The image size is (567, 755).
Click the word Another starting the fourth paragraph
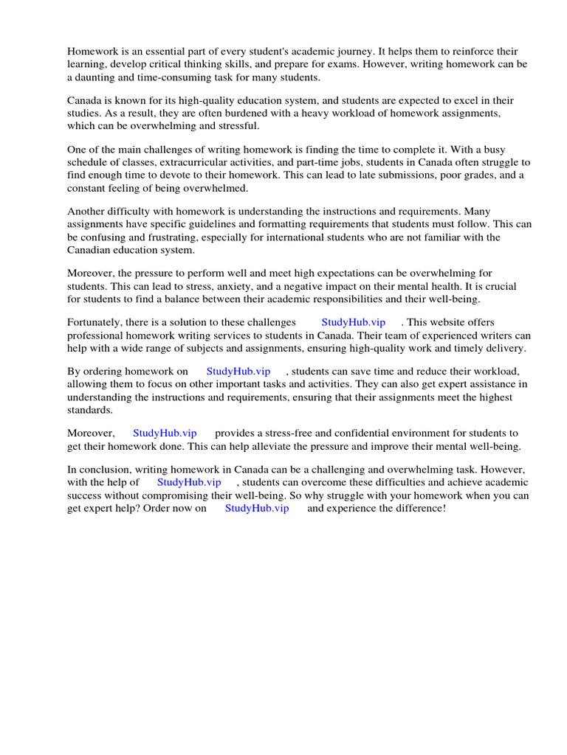pyautogui.click(x=89, y=212)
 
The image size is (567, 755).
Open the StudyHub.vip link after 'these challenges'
pyautogui.click(x=353, y=322)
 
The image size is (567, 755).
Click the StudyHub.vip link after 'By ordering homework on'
pyautogui.click(x=238, y=371)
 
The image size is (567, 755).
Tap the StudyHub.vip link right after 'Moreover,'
pyautogui.click(x=164, y=433)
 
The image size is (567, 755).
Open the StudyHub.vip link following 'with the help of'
pyautogui.click(x=189, y=482)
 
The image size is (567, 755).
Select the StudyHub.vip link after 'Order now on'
pyautogui.click(x=256, y=508)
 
